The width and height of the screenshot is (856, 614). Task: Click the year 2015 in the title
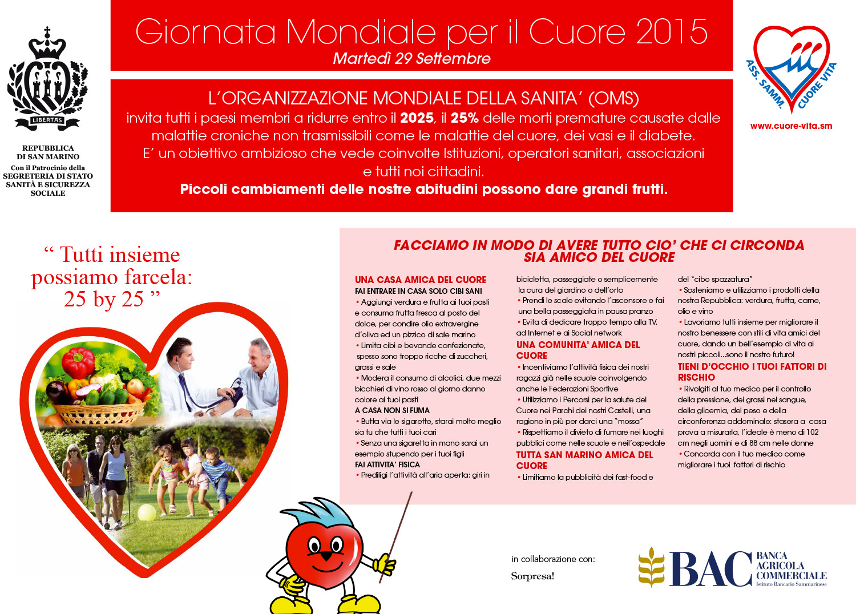pyautogui.click(x=672, y=32)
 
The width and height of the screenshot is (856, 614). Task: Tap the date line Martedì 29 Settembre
pyautogui.click(x=411, y=59)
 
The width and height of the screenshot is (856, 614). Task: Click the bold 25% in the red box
pyautogui.click(x=465, y=118)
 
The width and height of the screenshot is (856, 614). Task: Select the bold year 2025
pyautogui.click(x=417, y=118)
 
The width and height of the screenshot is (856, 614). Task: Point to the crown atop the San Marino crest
pyautogui.click(x=47, y=45)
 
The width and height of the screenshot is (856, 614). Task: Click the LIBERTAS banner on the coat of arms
pyautogui.click(x=47, y=120)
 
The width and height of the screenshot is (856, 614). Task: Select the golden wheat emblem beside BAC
pyautogui.click(x=652, y=567)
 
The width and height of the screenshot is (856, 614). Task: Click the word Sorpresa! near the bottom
pyautogui.click(x=532, y=576)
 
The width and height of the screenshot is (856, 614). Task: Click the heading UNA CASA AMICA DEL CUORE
pyautogui.click(x=421, y=280)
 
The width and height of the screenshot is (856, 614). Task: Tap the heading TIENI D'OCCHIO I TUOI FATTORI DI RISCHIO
pyautogui.click(x=752, y=371)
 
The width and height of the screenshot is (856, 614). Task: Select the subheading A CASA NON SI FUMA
pyautogui.click(x=392, y=410)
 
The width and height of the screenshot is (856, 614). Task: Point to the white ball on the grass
pyautogui.click(x=147, y=512)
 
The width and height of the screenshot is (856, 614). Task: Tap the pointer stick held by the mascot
pyautogui.click(x=399, y=531)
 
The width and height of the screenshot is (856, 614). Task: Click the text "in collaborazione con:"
pyautogui.click(x=553, y=559)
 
